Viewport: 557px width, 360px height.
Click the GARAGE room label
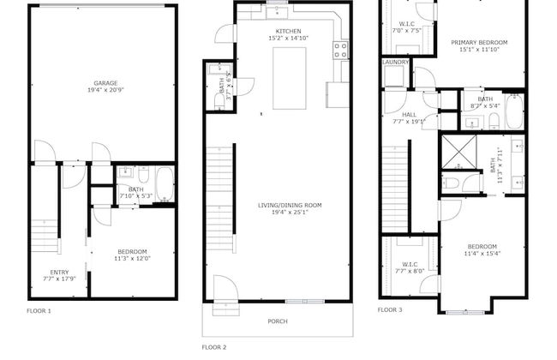tap(106, 83)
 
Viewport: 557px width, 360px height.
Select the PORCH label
tap(278, 321)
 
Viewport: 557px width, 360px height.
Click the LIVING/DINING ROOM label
tap(290, 205)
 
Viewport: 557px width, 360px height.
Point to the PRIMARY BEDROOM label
tap(480, 43)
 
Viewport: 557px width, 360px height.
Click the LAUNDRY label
tap(395, 62)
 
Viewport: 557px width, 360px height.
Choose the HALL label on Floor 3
tap(409, 113)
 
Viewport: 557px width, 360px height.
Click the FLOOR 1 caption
tap(39, 310)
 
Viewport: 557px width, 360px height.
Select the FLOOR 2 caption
tap(213, 347)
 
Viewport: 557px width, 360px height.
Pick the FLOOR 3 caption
tap(390, 309)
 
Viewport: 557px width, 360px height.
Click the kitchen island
tap(290, 78)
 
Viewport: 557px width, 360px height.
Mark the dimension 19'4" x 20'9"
tap(106, 91)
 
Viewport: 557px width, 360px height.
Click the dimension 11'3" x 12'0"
tap(133, 259)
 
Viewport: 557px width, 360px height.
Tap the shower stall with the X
tap(459, 153)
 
